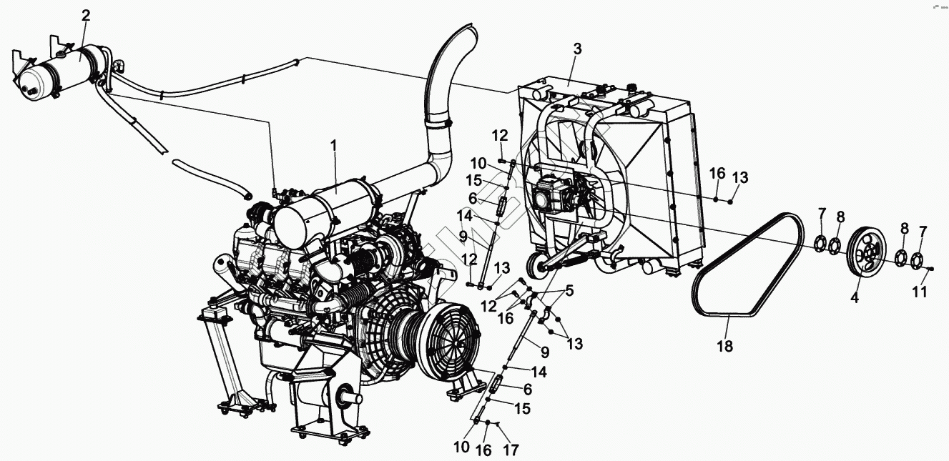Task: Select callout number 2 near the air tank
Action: click(x=86, y=15)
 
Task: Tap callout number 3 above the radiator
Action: click(x=577, y=49)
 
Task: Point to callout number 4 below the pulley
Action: click(x=854, y=299)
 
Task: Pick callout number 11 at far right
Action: click(x=920, y=292)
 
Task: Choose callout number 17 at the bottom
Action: click(x=511, y=450)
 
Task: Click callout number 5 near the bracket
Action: click(x=569, y=291)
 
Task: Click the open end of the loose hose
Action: click(x=247, y=194)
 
